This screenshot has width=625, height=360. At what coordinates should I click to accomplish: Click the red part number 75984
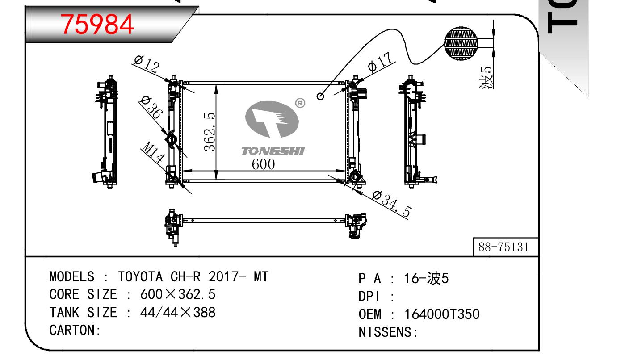pos(97,25)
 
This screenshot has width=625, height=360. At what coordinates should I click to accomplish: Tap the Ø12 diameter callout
pos(147,64)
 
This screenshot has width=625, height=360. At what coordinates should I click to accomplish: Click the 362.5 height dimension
pos(210,132)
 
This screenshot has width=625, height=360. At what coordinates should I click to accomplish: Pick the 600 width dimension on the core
pos(263,164)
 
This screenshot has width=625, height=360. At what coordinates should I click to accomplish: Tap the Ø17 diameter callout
pos(381,63)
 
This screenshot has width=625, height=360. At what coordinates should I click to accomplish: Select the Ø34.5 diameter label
pos(392,204)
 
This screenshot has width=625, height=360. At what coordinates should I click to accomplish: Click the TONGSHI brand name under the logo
pos(273,151)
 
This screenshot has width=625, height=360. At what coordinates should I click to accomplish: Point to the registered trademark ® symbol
pos(300,103)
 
